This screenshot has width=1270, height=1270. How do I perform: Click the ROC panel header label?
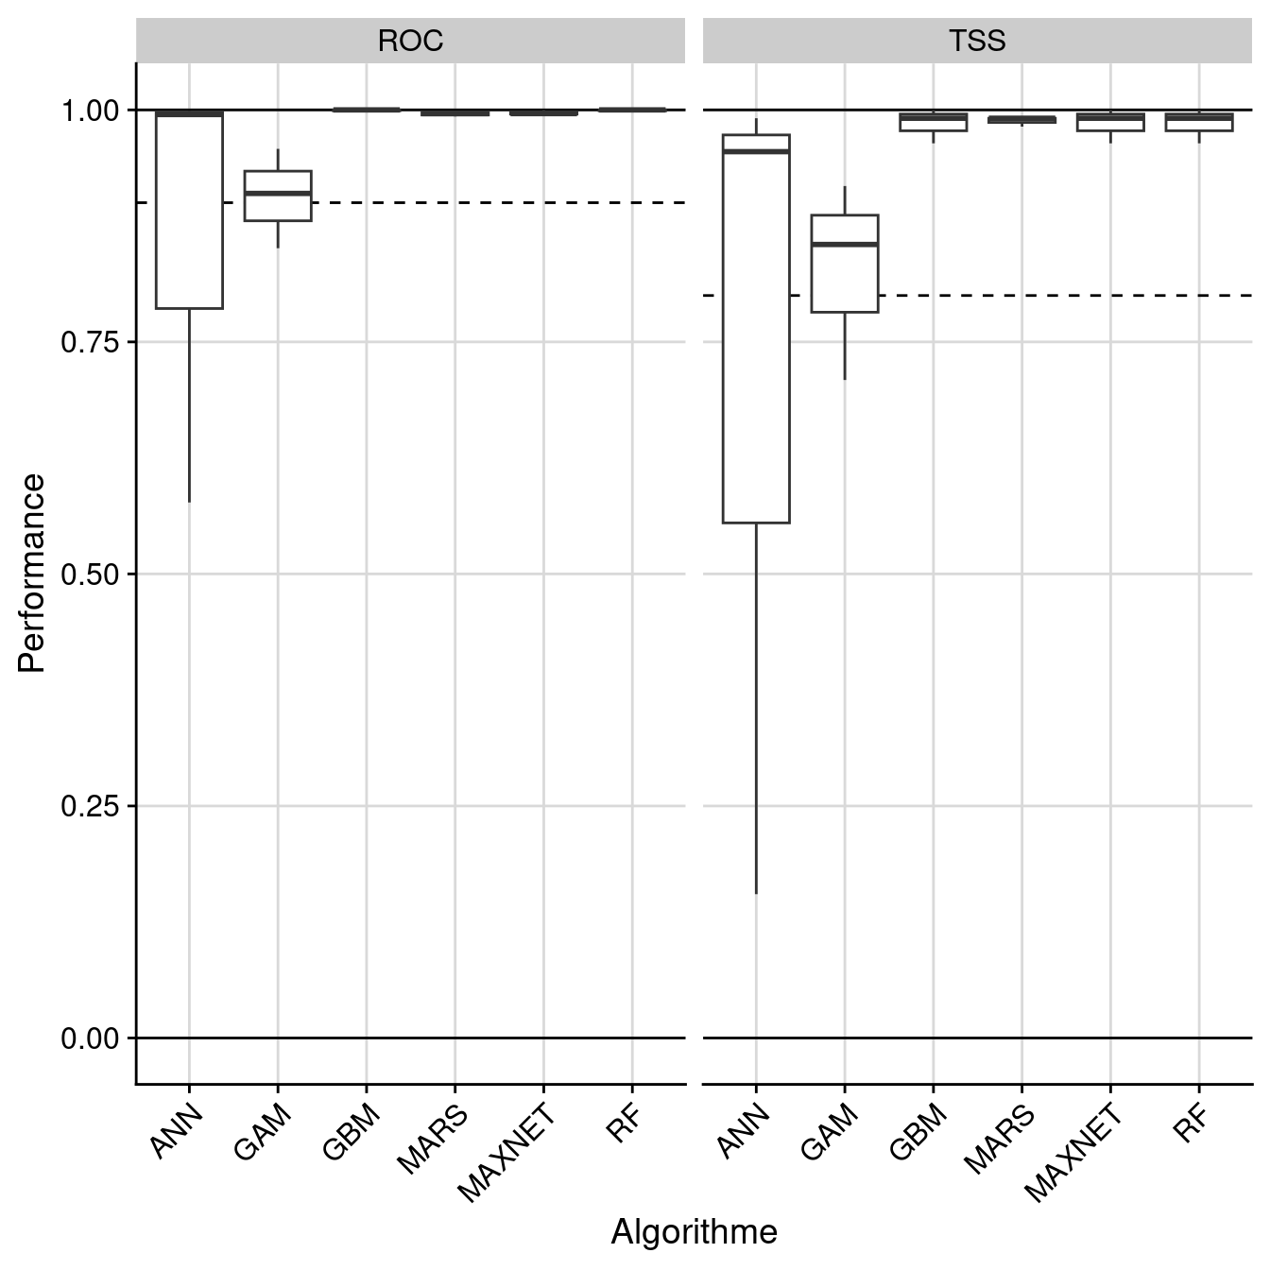tap(410, 42)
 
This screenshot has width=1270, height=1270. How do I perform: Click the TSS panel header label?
tap(977, 42)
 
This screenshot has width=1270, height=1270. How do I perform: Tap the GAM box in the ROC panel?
tap(278, 196)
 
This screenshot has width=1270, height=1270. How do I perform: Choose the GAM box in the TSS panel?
tap(845, 264)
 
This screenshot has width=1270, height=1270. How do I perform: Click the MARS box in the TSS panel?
tap(1021, 120)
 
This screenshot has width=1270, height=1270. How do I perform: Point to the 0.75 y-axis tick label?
tap(91, 342)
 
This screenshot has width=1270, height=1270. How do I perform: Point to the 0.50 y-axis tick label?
tap(91, 575)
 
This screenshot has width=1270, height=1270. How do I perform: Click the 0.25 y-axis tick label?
tap(91, 806)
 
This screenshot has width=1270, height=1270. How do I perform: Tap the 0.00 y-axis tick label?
tap(91, 1038)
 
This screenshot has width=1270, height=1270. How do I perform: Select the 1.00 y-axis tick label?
tap(91, 111)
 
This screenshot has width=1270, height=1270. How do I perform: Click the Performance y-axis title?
tap(32, 573)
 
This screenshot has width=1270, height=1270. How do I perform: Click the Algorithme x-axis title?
tap(694, 1232)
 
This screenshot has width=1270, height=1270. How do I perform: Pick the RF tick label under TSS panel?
tap(1193, 1124)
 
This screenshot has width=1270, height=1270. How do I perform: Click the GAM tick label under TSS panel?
tap(830, 1132)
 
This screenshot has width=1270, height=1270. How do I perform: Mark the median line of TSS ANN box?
tap(756, 151)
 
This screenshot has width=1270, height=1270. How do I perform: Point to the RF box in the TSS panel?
tap(1199, 121)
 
